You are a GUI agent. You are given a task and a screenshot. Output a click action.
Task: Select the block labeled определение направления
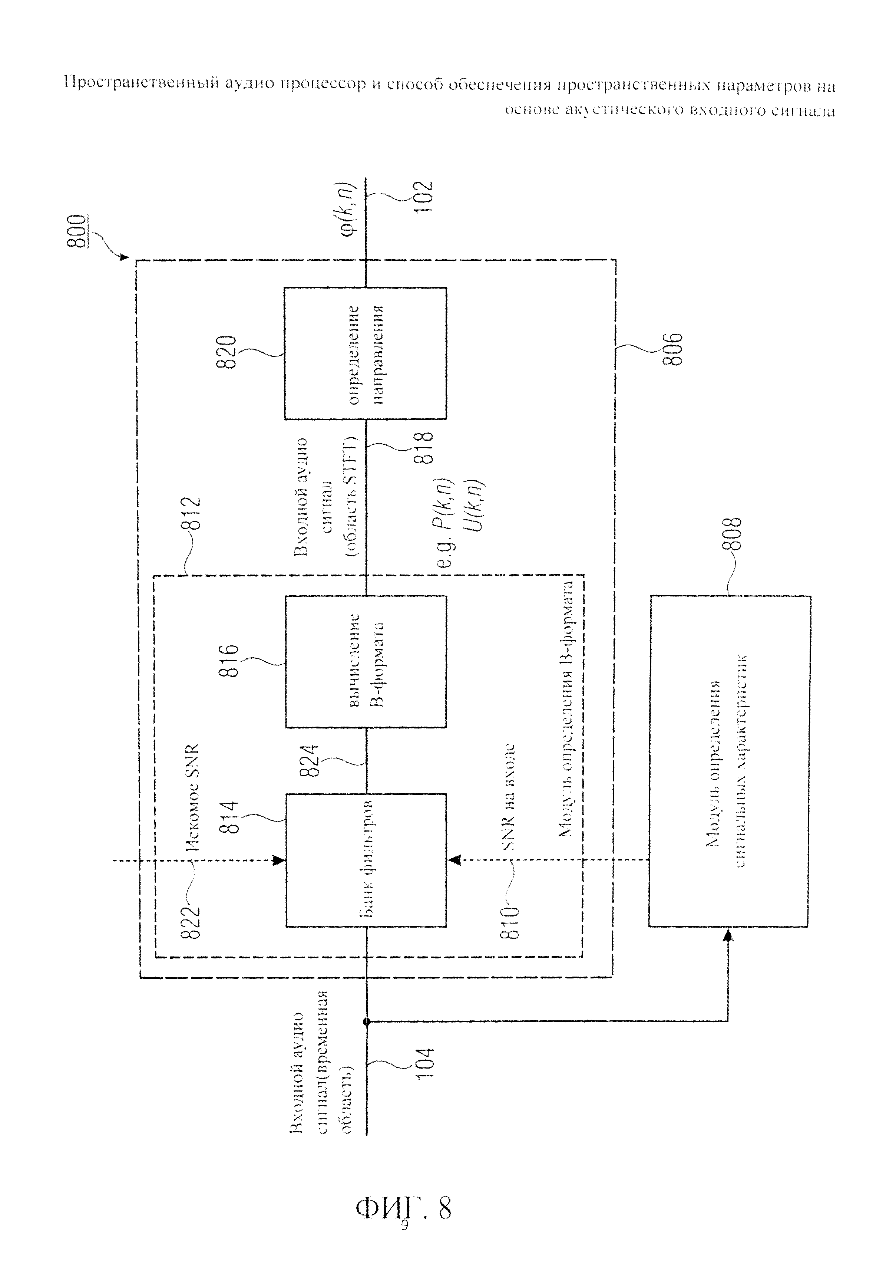pyautogui.click(x=365, y=353)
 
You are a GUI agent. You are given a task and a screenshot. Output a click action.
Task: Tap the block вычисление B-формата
pyautogui.click(x=365, y=661)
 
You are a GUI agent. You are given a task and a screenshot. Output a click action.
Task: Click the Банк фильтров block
pyautogui.click(x=365, y=860)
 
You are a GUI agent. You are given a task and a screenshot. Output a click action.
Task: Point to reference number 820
pyautogui.click(x=227, y=352)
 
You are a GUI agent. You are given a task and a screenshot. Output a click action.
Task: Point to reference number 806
pyautogui.click(x=672, y=349)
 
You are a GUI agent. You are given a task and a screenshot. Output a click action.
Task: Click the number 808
pyautogui.click(x=732, y=534)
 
